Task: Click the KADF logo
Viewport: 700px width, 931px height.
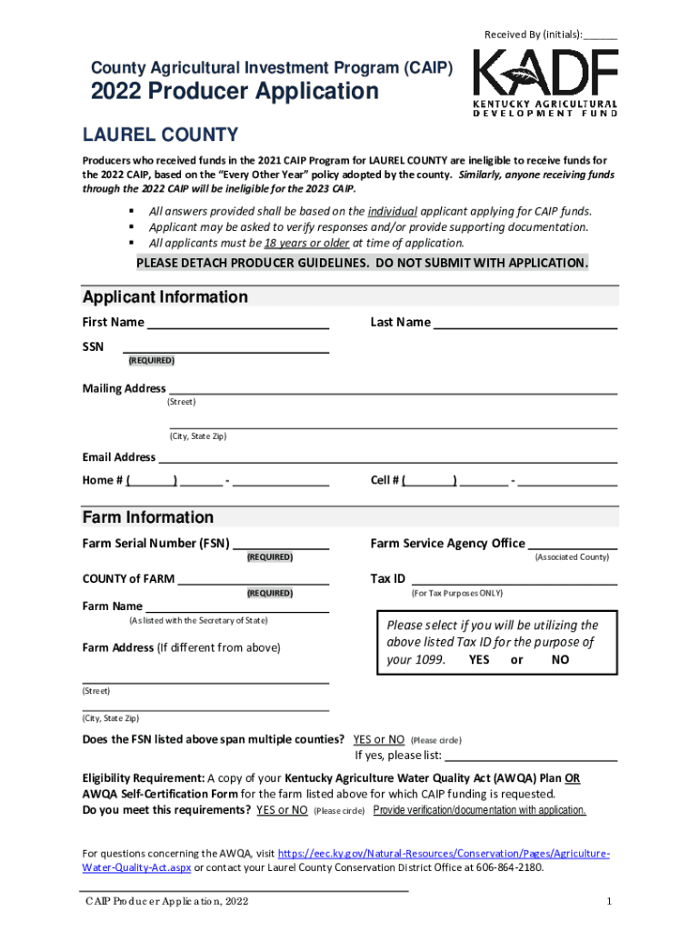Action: point(545,83)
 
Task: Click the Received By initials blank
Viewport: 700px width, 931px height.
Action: point(600,35)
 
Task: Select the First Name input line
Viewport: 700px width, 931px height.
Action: point(237,323)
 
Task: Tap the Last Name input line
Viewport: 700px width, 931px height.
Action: point(525,323)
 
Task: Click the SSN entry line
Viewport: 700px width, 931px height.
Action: point(225,346)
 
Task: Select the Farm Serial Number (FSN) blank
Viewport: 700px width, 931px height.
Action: point(281,545)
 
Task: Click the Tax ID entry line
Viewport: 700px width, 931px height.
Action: point(510,580)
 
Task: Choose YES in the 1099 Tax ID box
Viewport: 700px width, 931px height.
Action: point(479,660)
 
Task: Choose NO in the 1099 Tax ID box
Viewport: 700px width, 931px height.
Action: point(560,660)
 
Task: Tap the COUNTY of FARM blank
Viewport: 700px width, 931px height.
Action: point(253,580)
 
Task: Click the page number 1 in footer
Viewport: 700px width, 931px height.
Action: point(607,902)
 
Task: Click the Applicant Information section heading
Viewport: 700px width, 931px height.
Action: point(165,297)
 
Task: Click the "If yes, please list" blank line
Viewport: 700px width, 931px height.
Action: point(531,756)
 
